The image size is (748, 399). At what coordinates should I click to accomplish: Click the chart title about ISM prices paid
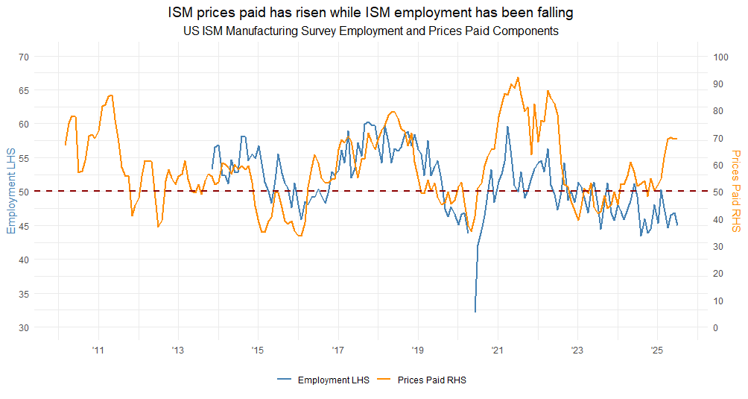370,13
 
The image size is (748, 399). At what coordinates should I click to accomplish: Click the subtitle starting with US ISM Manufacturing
370,31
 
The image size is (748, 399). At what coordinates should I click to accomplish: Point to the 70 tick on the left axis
23,57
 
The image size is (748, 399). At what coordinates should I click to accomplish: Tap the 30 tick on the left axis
23,327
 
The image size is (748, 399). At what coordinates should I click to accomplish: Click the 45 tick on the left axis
23,226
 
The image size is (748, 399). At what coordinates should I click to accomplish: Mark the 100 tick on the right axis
720,57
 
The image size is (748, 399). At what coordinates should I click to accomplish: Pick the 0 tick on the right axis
715,327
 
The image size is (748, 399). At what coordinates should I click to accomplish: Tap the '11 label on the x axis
98,349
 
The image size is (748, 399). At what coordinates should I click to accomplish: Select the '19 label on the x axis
417,349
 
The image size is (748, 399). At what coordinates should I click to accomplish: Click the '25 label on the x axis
657,349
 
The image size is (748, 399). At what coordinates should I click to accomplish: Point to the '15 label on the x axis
257,349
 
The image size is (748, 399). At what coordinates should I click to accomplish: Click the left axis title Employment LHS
10,192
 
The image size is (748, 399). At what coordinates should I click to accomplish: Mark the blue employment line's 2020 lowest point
475,312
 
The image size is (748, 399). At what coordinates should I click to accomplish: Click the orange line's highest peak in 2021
518,77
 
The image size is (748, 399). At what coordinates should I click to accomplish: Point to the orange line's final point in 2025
676,139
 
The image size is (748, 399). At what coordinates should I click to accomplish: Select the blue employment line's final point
677,225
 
